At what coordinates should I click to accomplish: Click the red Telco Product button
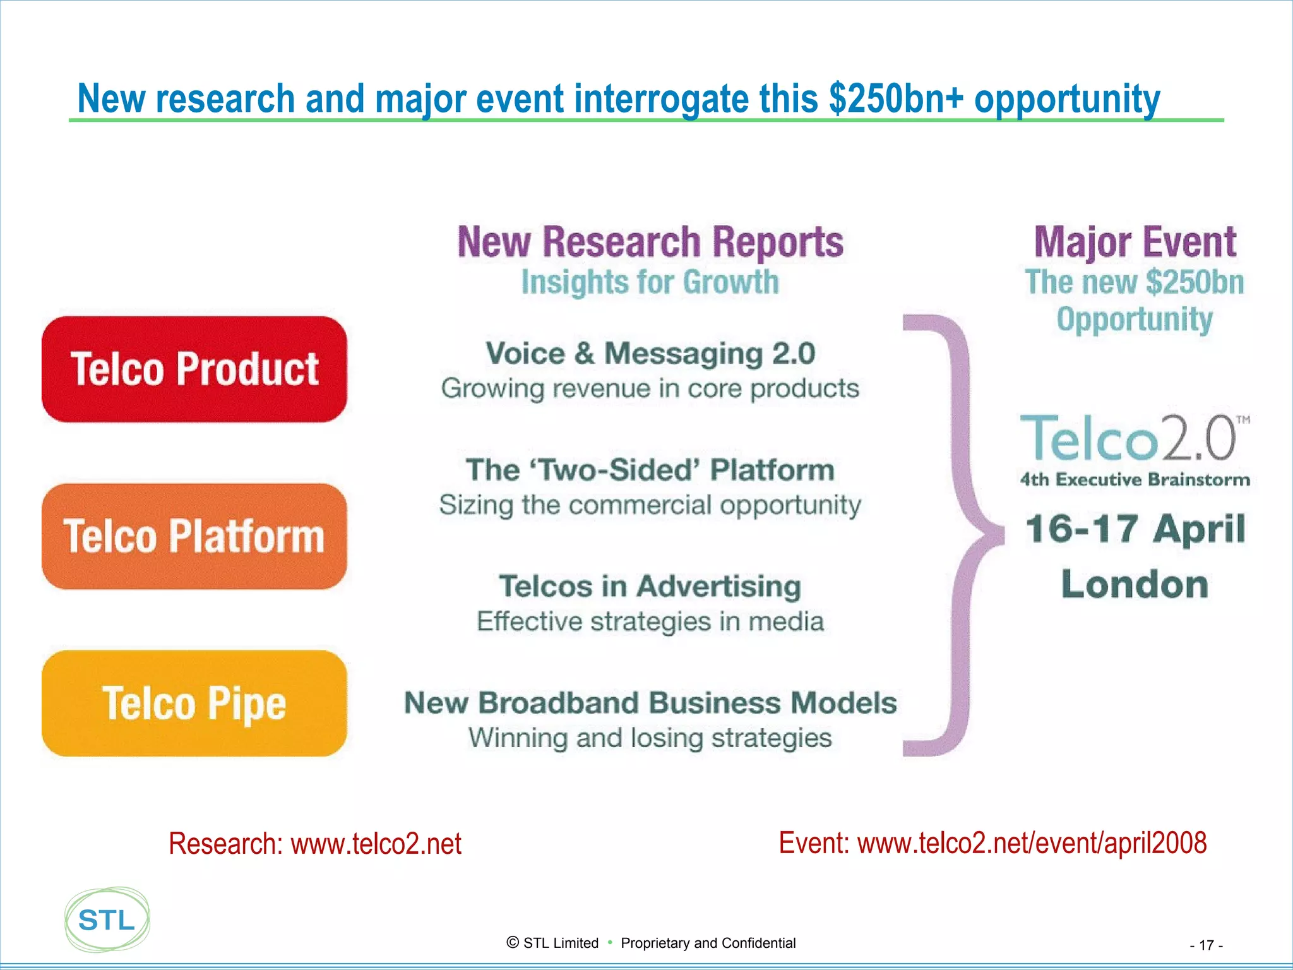click(194, 369)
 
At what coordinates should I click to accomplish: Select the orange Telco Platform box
click(194, 537)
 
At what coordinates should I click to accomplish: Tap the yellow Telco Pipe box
click(194, 704)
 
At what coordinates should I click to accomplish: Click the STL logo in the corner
click(107, 920)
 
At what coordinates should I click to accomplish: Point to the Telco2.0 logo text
click(1129, 438)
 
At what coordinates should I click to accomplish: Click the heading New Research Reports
click(650, 242)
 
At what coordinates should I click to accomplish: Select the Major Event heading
click(1135, 242)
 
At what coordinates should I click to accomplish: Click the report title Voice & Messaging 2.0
click(650, 353)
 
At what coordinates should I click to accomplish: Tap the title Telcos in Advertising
click(650, 586)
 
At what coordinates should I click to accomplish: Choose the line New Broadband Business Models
click(650, 703)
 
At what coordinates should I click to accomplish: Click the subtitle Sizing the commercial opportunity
click(650, 505)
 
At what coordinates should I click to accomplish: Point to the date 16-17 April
click(1135, 529)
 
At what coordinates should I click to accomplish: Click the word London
click(1135, 584)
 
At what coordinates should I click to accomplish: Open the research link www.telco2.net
click(376, 844)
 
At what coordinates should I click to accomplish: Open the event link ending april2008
click(1032, 843)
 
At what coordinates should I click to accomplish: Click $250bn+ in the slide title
click(896, 99)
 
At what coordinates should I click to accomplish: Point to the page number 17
click(1206, 945)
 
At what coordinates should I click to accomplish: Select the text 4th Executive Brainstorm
click(1135, 480)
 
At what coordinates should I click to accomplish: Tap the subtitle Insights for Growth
click(650, 282)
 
